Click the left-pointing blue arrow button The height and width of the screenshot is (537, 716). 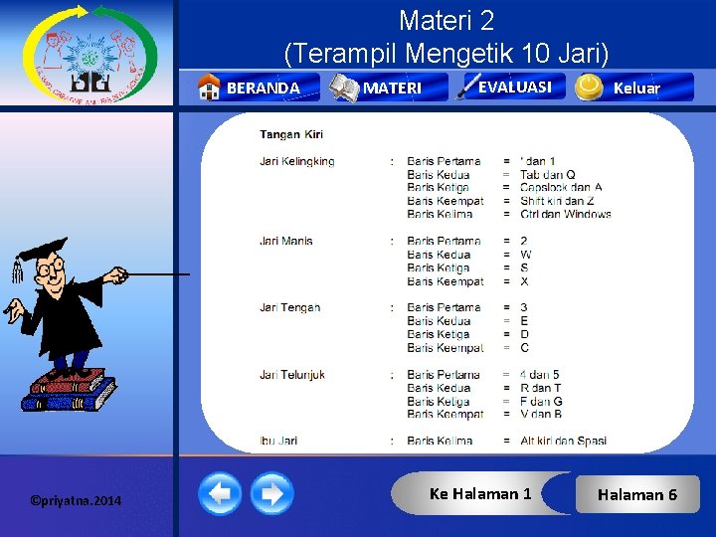coord(220,492)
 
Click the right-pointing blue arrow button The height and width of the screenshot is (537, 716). coord(270,492)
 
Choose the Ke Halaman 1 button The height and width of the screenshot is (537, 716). coord(480,493)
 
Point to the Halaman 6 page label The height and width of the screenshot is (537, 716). coord(637,494)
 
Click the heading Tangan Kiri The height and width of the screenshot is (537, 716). coord(291,134)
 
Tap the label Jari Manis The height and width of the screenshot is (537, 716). coord(286,241)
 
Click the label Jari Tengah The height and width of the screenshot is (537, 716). coord(290,307)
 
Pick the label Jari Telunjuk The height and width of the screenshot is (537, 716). coord(292,375)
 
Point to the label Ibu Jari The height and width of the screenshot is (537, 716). coord(278,441)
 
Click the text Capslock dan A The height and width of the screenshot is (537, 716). coord(561,187)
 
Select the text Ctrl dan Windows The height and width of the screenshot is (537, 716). coord(565,214)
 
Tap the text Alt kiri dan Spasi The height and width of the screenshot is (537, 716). coord(563,441)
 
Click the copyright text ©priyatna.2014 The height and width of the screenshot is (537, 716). coord(76,500)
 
